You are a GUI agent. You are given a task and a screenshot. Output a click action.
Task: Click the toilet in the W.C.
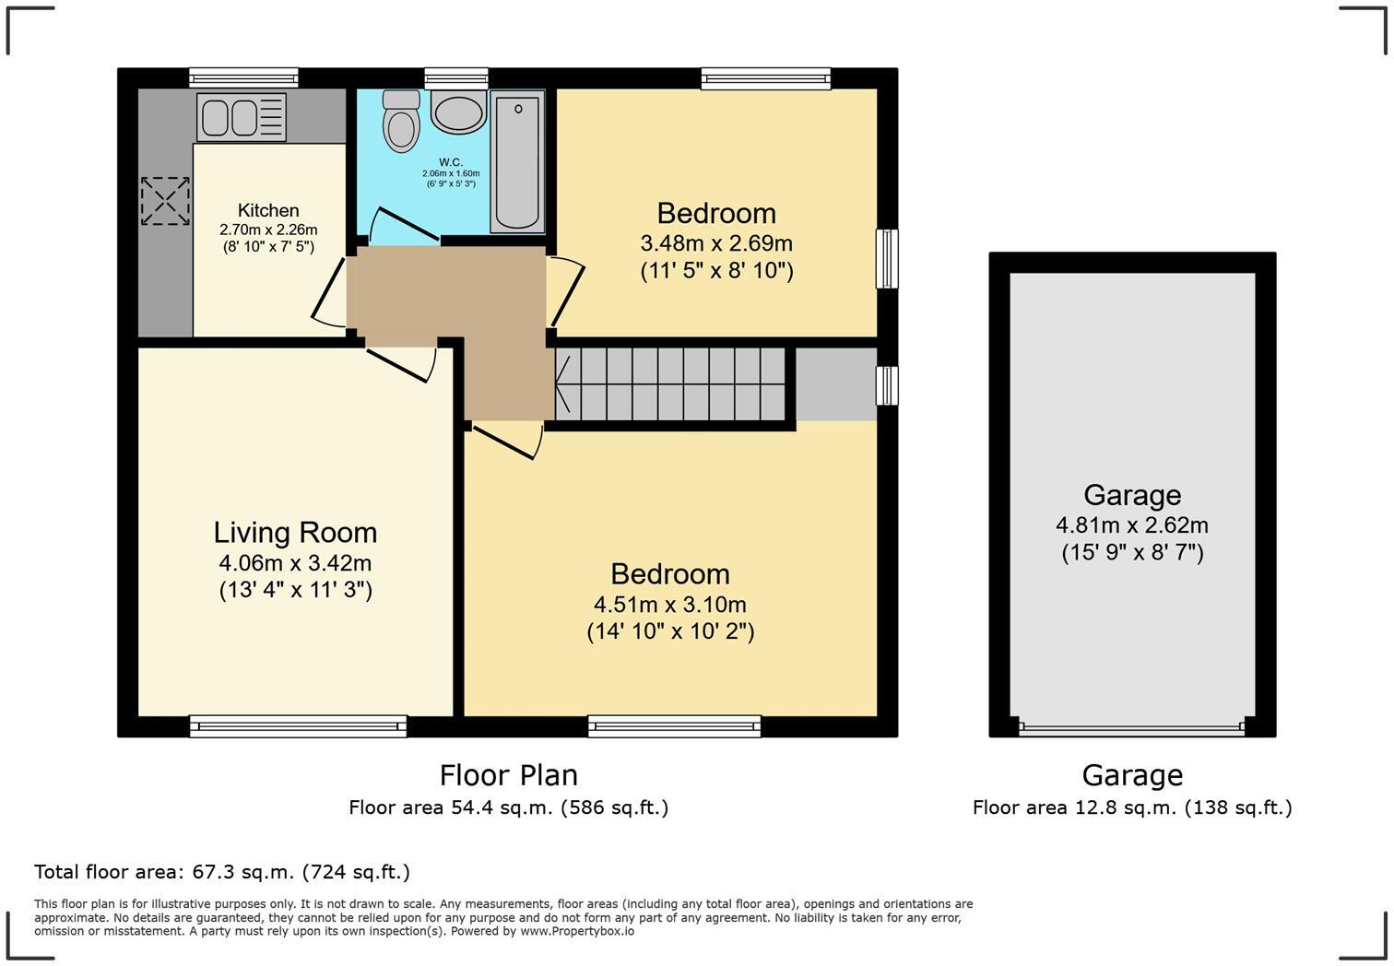(x=401, y=122)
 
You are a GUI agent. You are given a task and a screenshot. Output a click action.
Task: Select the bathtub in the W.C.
(x=516, y=160)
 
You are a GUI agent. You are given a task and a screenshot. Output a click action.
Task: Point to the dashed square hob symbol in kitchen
(x=165, y=201)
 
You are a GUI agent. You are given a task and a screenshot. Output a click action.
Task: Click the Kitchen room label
(x=268, y=210)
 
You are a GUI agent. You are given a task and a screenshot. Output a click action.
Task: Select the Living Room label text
(x=295, y=533)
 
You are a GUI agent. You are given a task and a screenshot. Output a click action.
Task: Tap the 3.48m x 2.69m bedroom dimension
(x=716, y=243)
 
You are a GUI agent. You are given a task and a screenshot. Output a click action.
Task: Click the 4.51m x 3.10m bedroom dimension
(x=670, y=605)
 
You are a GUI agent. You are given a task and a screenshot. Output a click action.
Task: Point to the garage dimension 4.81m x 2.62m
(x=1131, y=525)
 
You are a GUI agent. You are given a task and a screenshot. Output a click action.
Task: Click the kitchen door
(x=330, y=291)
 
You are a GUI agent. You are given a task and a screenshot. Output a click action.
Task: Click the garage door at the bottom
(x=1131, y=728)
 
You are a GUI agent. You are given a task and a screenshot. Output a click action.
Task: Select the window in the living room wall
(x=298, y=726)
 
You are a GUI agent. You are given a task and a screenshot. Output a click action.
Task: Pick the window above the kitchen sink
(x=243, y=77)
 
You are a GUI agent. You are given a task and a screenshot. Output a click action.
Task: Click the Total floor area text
(x=221, y=872)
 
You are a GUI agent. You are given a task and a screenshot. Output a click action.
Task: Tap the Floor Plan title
(x=508, y=775)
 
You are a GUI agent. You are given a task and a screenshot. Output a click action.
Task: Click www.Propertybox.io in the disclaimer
(x=577, y=931)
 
